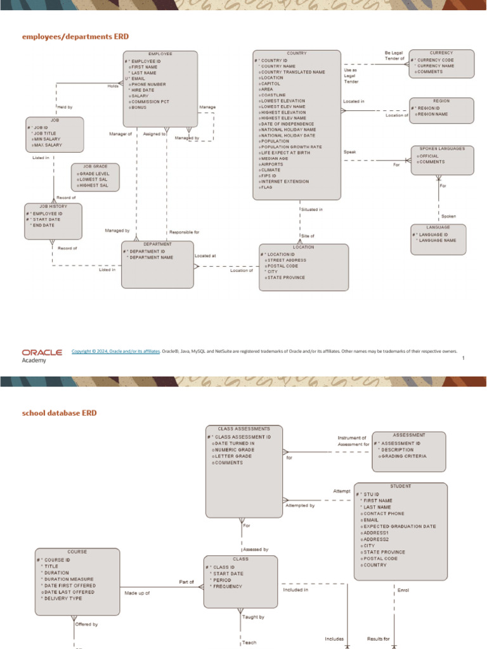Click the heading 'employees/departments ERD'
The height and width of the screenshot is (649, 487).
(80, 37)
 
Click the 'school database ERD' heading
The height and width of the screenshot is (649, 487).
(60, 413)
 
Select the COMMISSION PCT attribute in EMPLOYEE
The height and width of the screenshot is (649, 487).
(150, 101)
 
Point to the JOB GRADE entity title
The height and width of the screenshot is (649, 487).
(95, 166)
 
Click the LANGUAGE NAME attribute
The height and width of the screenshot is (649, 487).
(437, 240)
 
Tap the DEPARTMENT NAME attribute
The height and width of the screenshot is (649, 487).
(152, 257)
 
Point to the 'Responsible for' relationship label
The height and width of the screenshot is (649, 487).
(184, 233)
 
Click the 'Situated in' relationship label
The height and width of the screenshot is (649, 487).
(311, 209)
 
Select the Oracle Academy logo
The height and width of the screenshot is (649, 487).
(42, 355)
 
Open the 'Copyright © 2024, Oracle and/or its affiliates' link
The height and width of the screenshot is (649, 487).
(115, 350)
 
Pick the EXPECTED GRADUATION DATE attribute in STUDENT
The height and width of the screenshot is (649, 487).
(399, 526)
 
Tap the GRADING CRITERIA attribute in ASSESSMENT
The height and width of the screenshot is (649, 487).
(404, 456)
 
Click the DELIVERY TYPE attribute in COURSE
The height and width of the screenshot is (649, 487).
(63, 598)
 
